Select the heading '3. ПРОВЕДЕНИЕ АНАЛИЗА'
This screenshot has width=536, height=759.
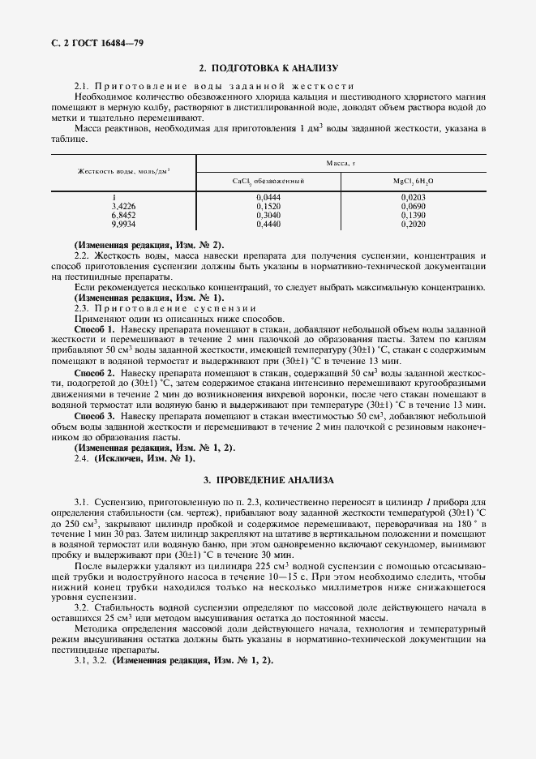tap(268, 480)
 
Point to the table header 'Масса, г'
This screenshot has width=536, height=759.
tap(341, 163)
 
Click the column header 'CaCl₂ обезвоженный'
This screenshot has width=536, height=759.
tap(268, 181)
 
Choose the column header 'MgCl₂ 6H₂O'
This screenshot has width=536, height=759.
tap(414, 181)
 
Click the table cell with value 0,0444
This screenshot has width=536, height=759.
tap(268, 197)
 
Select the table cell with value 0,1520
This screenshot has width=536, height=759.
tap(268, 206)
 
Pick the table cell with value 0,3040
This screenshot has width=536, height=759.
tap(268, 215)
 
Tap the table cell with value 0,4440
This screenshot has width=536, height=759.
tap(268, 224)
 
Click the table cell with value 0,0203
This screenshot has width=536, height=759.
tap(414, 197)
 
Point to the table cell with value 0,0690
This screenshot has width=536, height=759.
tap(414, 206)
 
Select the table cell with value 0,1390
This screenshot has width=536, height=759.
tap(414, 215)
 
